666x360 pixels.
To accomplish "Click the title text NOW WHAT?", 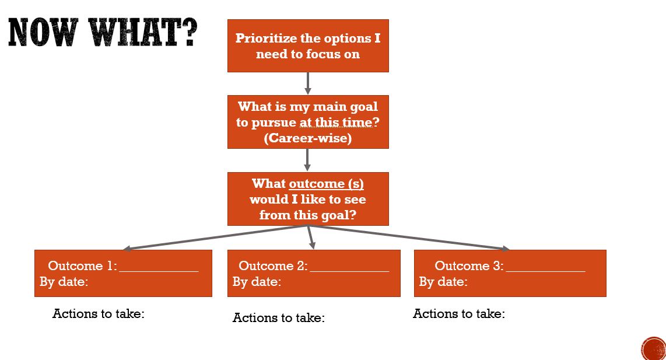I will click(103, 33).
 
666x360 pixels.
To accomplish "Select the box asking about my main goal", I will click(308, 122).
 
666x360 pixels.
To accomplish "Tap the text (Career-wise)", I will click(308, 139).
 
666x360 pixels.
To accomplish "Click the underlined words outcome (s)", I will click(326, 184).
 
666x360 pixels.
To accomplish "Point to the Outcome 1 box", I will click(123, 273).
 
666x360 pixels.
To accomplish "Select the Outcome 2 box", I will click(314, 273).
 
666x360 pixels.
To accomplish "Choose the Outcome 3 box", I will click(510, 273).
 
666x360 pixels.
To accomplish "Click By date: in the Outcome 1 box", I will click(64, 282).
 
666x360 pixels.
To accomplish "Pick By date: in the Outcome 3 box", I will click(443, 282).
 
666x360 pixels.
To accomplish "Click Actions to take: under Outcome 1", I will click(99, 314).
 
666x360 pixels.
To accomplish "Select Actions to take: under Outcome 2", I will click(279, 318).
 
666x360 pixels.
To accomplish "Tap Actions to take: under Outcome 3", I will click(459, 314).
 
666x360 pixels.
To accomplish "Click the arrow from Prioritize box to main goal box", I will click(308, 83).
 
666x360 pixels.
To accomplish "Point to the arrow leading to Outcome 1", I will click(216, 237).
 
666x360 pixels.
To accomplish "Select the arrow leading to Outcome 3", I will click(408, 237).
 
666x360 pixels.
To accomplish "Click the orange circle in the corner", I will click(654, 348).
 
